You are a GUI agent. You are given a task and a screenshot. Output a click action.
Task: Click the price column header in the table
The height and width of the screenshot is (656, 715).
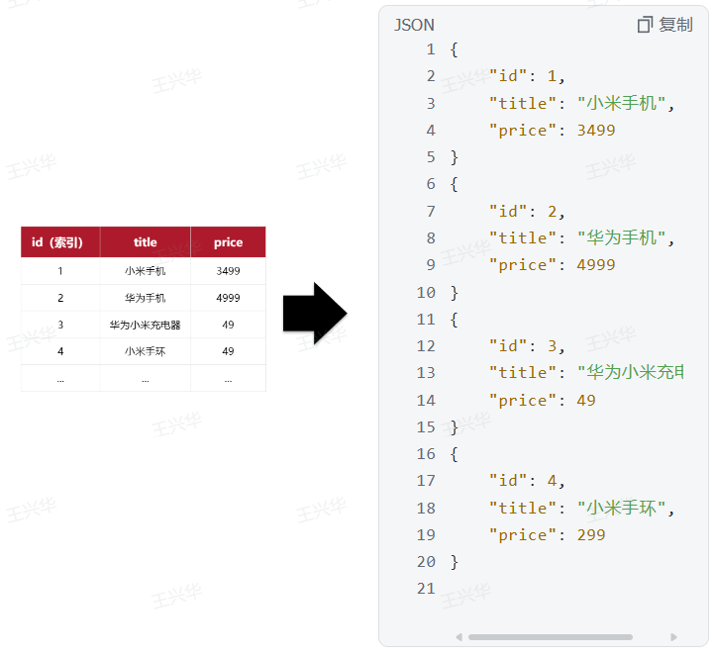(x=228, y=242)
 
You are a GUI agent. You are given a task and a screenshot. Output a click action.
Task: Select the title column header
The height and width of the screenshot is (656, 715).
(x=145, y=242)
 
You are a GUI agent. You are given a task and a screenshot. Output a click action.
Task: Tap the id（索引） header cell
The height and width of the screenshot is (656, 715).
(x=59, y=242)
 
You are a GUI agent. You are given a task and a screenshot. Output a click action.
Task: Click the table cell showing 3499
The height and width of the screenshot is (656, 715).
(x=228, y=270)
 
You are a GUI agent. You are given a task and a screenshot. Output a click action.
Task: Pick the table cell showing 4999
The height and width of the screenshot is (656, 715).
(x=228, y=298)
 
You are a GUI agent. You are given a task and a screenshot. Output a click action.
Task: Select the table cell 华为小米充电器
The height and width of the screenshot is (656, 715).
(x=145, y=325)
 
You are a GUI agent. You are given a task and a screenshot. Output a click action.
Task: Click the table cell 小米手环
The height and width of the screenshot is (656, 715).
(x=145, y=351)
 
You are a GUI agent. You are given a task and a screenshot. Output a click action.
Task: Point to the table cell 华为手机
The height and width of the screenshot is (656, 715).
(x=145, y=298)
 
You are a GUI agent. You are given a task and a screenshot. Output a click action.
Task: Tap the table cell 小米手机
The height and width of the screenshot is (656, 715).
(x=145, y=270)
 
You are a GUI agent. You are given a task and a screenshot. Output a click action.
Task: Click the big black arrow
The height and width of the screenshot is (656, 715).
(x=314, y=313)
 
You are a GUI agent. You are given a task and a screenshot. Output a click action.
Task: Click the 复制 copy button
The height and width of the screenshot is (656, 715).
(x=665, y=25)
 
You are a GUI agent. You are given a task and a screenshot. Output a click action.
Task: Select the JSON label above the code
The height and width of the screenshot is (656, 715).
(x=414, y=25)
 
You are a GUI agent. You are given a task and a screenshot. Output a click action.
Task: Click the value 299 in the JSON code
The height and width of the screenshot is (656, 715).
(x=590, y=535)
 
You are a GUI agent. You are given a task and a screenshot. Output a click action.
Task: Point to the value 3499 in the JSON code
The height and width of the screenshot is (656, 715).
(x=595, y=131)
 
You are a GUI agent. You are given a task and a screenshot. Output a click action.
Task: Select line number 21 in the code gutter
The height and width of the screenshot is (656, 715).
(x=426, y=589)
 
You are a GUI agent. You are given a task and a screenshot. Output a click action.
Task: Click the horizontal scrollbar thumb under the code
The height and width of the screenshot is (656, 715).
(x=550, y=637)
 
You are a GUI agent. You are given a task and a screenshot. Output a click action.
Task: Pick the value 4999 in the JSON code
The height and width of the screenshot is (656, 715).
(x=595, y=265)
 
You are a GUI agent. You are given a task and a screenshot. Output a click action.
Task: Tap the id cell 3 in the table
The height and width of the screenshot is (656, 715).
(x=59, y=325)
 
